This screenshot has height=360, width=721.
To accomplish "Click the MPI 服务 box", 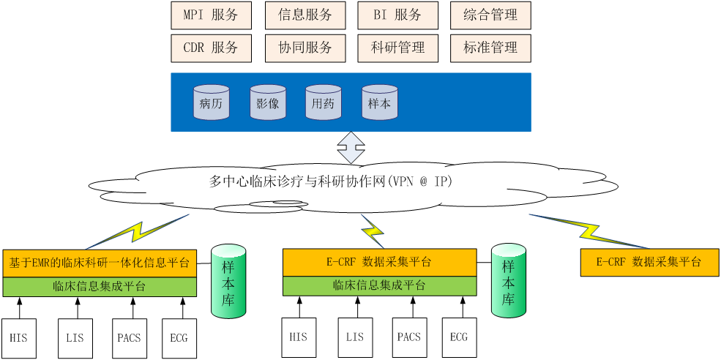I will click(211, 15).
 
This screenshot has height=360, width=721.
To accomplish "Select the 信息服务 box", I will click(305, 15).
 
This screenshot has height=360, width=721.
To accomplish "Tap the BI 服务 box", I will click(398, 15).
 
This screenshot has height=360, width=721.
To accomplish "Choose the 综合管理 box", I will click(490, 15).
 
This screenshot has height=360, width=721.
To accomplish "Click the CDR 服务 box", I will click(211, 48).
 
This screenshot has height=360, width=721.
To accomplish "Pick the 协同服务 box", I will click(305, 48).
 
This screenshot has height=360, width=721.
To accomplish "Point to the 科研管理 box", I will click(398, 48).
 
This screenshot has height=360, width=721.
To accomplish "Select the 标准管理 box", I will click(490, 48).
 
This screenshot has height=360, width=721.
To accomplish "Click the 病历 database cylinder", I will click(211, 102).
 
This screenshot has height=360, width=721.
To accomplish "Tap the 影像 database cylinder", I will click(268, 102).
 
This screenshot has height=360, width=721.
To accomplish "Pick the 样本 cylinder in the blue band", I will click(379, 102).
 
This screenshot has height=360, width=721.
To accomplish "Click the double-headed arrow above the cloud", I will click(351, 147).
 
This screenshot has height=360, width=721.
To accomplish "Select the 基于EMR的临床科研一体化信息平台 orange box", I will click(100, 263).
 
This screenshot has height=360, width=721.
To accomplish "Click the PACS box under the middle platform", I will click(409, 337).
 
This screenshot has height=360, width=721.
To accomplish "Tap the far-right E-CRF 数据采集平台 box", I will click(649, 262).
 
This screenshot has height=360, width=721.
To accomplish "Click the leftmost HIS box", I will click(19, 338).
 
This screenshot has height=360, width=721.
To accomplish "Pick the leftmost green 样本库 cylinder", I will click(228, 282).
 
